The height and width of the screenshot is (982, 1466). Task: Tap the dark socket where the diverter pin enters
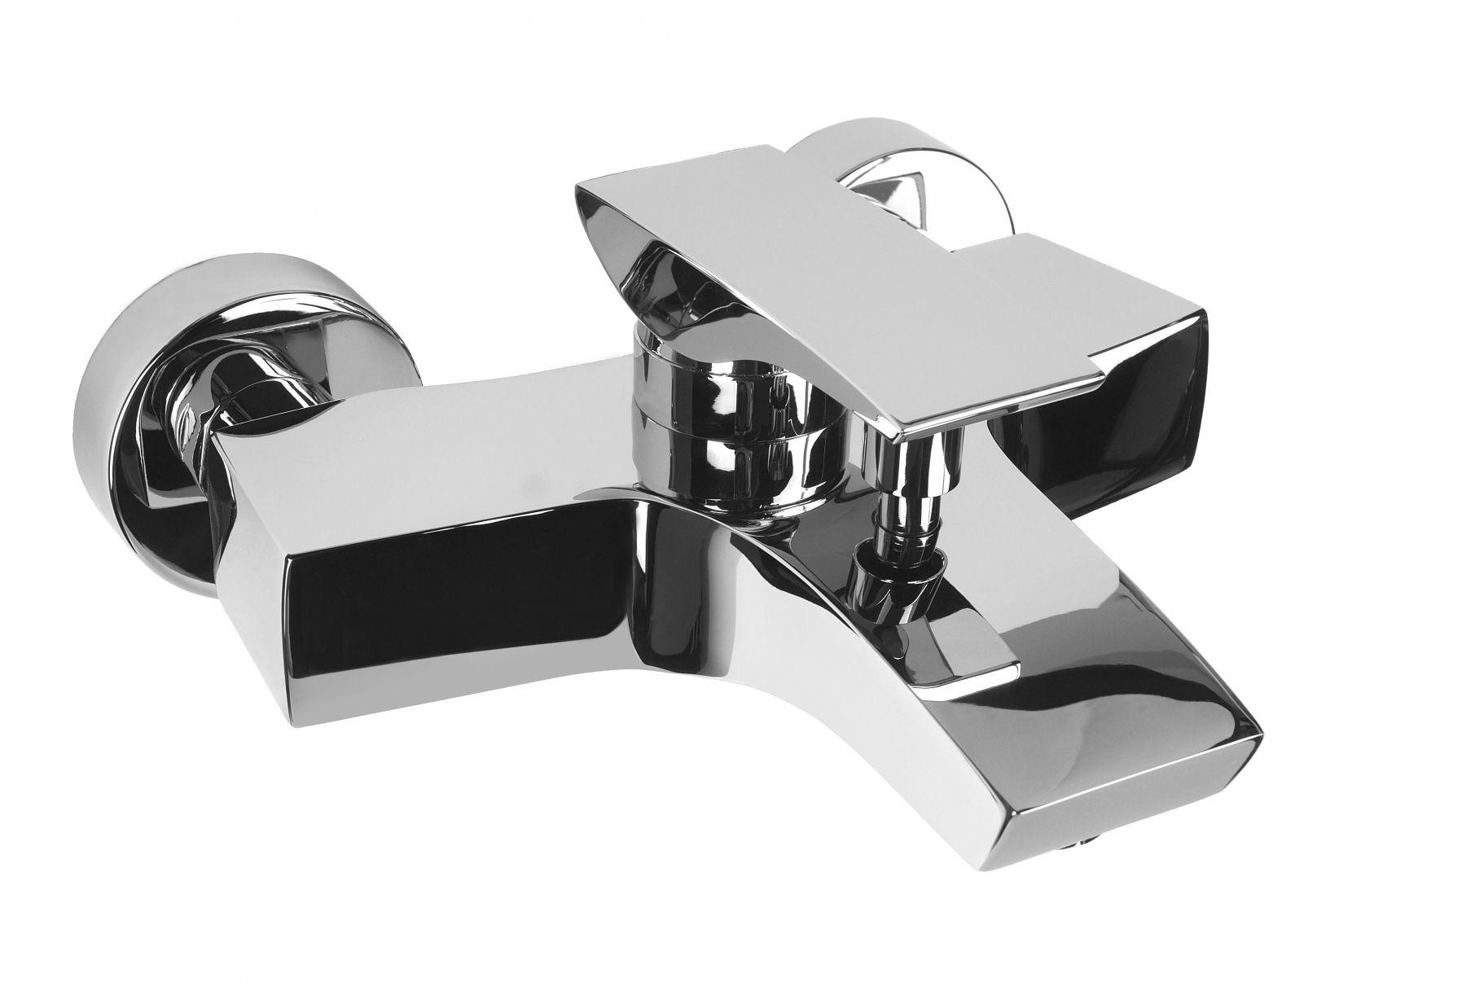click(x=884, y=586)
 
